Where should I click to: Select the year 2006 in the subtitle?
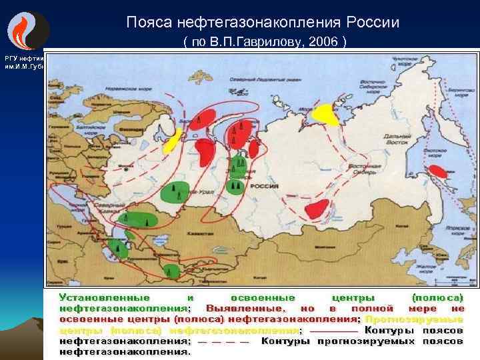point(323,42)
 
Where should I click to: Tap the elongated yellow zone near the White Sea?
point(173,141)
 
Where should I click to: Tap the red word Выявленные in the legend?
point(244,308)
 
